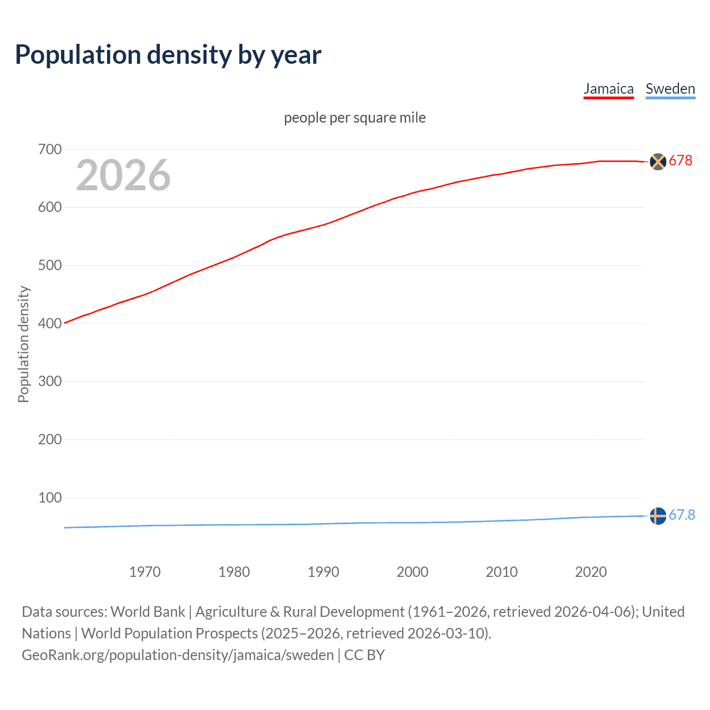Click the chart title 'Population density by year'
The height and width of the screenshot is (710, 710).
[x=168, y=55]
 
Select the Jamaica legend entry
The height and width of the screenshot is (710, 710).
[x=608, y=89]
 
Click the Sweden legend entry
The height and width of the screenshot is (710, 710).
[x=670, y=89]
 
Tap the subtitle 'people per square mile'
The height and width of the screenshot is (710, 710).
[x=354, y=118]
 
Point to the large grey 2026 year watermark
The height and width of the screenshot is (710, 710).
[x=123, y=175]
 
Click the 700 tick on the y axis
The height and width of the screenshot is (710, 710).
[x=50, y=149]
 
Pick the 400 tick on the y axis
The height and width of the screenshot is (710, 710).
[x=50, y=323]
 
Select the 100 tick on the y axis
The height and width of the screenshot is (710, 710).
[x=50, y=498]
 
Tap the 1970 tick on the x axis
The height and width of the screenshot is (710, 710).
[x=145, y=572]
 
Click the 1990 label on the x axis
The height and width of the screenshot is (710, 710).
[x=323, y=572]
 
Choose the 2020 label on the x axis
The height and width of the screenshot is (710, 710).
[x=591, y=572]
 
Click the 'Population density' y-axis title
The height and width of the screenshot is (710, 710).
[x=23, y=344]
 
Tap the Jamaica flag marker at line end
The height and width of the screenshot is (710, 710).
[x=658, y=161]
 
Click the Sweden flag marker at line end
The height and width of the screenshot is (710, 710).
[x=658, y=516]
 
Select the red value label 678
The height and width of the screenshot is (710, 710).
[x=681, y=160]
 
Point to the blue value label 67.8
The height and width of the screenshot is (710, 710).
[x=682, y=515]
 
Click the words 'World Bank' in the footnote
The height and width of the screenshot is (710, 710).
[x=148, y=612]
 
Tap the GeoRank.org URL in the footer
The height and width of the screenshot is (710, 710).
[x=177, y=655]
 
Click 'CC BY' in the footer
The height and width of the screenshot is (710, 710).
[x=364, y=655]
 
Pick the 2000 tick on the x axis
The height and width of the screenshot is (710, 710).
[x=413, y=572]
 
